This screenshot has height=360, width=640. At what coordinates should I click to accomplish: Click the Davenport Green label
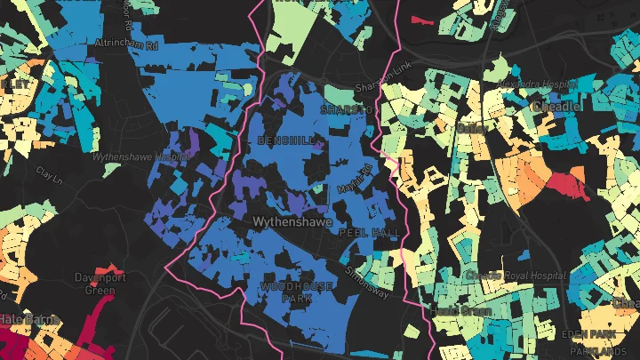[100, 284]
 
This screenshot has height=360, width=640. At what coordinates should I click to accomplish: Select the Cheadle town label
[556, 107]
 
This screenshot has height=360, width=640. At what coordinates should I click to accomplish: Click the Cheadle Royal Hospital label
[522, 276]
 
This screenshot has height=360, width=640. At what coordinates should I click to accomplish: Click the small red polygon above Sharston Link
[420, 18]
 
